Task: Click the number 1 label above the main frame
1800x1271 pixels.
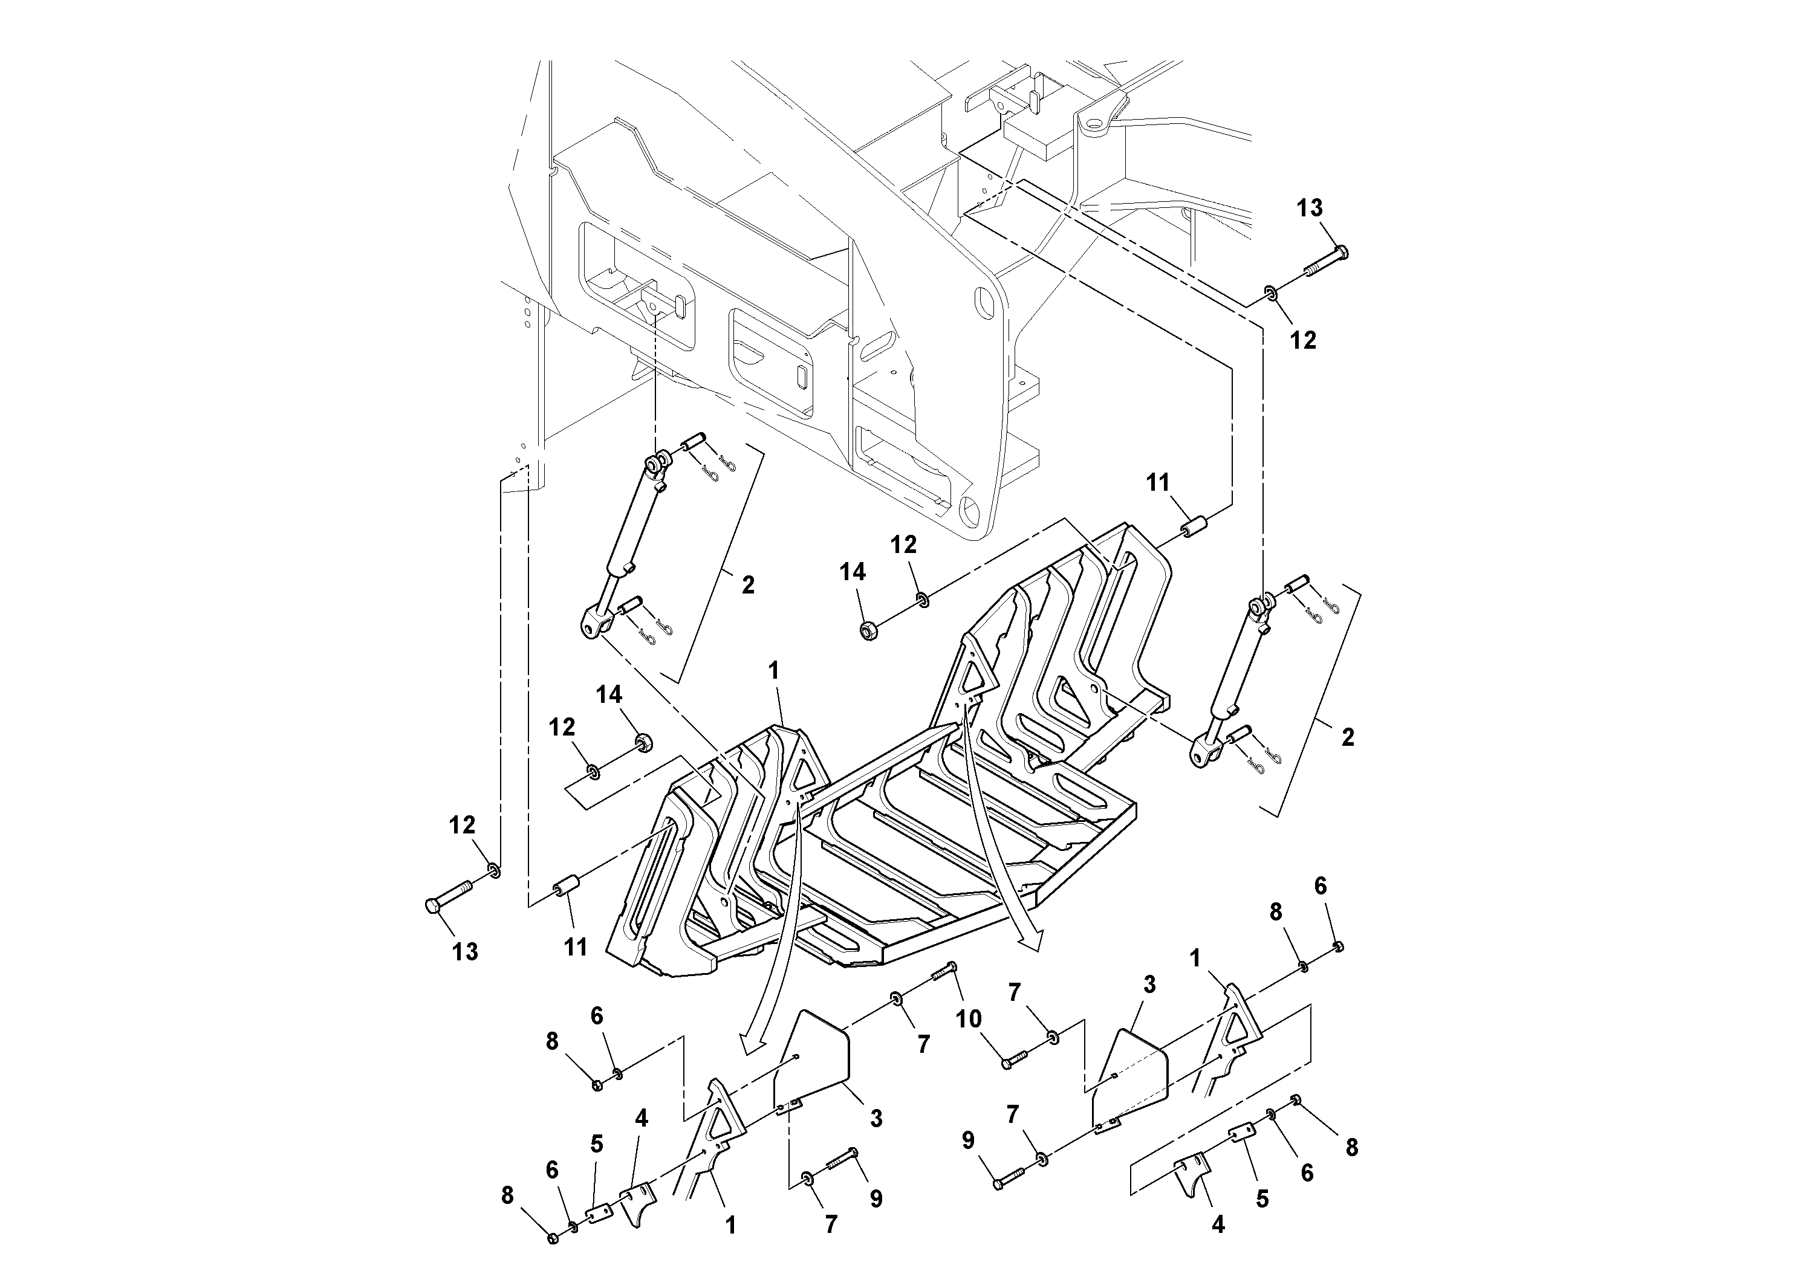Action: point(774,671)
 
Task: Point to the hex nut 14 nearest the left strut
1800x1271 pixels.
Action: point(645,740)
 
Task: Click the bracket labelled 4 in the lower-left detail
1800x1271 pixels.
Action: point(636,1202)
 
